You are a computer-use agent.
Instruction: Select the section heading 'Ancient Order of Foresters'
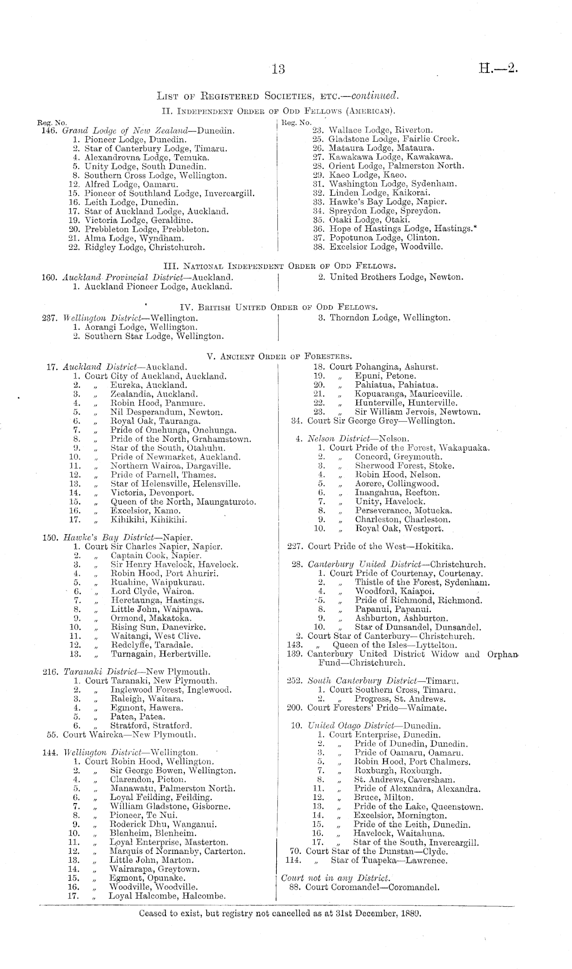coord(279,356)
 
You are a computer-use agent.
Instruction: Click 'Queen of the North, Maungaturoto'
coord(183,502)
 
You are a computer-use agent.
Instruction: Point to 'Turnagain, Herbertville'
coord(161,655)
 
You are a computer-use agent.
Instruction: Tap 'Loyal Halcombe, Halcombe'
coord(167,896)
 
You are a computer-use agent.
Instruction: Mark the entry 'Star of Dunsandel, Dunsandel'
coord(417,627)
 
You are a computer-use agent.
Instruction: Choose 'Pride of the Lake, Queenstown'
coord(418,807)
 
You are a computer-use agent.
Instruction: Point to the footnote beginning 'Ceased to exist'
coord(280,915)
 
